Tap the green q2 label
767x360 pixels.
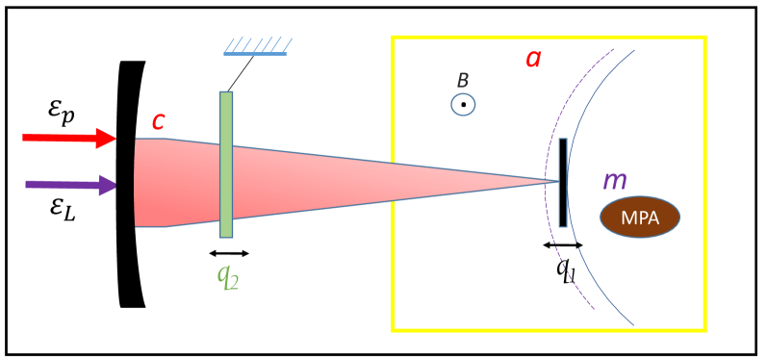click(x=229, y=276)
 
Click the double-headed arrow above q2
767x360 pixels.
click(x=229, y=253)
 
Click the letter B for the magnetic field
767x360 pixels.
click(x=463, y=82)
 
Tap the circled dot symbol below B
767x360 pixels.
click(x=463, y=104)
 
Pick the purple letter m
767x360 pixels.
click(x=614, y=180)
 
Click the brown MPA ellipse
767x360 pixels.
click(x=640, y=217)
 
